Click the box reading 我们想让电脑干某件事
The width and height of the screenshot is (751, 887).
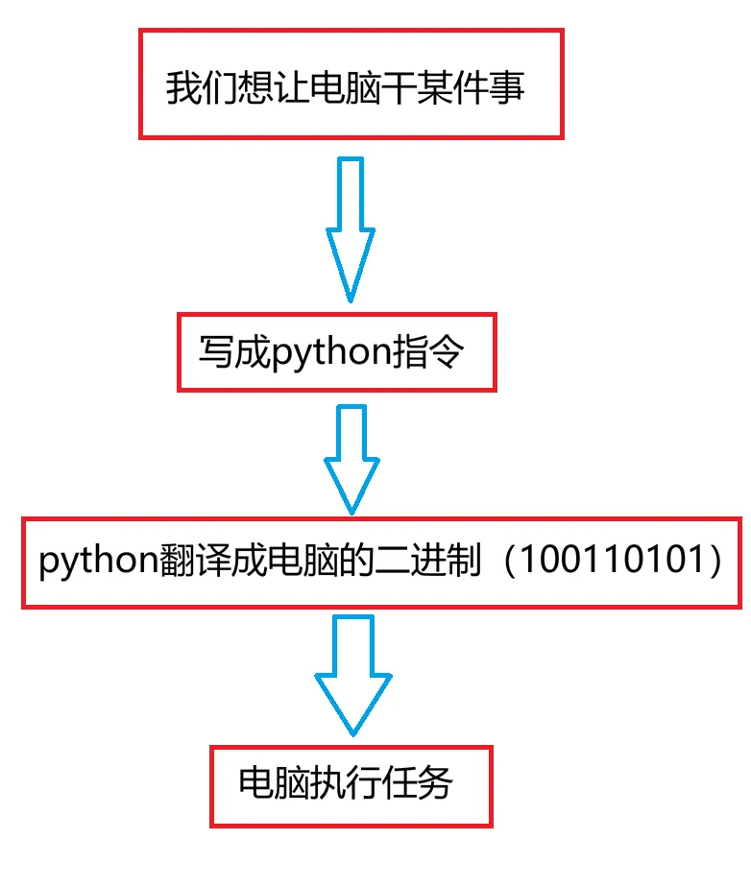tap(351, 84)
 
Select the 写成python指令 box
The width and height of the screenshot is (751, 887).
tap(336, 351)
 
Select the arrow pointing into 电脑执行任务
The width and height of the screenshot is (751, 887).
tap(352, 676)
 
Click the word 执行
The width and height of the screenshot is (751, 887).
tap(346, 785)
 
